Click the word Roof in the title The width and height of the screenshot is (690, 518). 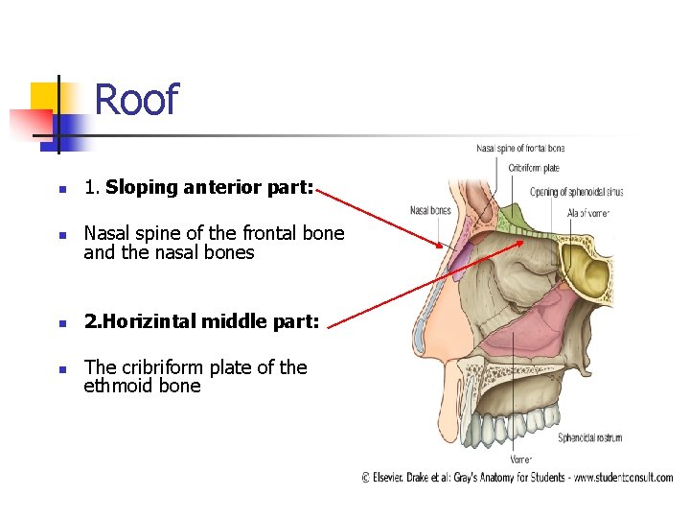(136, 100)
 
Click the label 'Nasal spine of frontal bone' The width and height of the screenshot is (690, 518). (520, 149)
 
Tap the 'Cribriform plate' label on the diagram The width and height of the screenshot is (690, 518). (535, 169)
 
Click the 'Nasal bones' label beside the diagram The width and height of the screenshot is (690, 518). (430, 210)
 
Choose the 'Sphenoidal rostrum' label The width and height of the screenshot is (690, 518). (590, 437)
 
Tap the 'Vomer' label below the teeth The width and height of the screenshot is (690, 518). (521, 459)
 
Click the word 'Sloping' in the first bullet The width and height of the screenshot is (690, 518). (137, 188)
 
